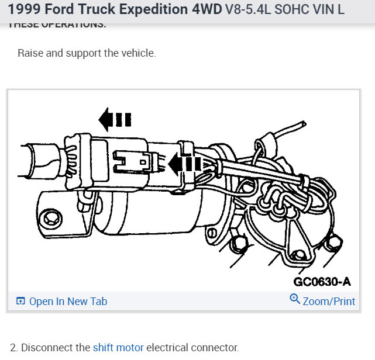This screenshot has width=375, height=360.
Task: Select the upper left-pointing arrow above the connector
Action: pos(114,120)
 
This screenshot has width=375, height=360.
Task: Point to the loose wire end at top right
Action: pos(301,124)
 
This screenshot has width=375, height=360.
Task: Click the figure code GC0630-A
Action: pos(322,282)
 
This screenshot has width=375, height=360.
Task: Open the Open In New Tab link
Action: pos(68,302)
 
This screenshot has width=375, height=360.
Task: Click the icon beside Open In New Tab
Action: pos(20,302)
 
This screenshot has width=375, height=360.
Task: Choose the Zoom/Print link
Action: pos(329,302)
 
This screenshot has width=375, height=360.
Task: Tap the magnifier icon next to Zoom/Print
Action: pos(295,300)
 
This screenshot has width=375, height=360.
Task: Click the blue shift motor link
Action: pos(118,347)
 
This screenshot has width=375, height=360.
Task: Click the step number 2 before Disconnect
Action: pos(13,347)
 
